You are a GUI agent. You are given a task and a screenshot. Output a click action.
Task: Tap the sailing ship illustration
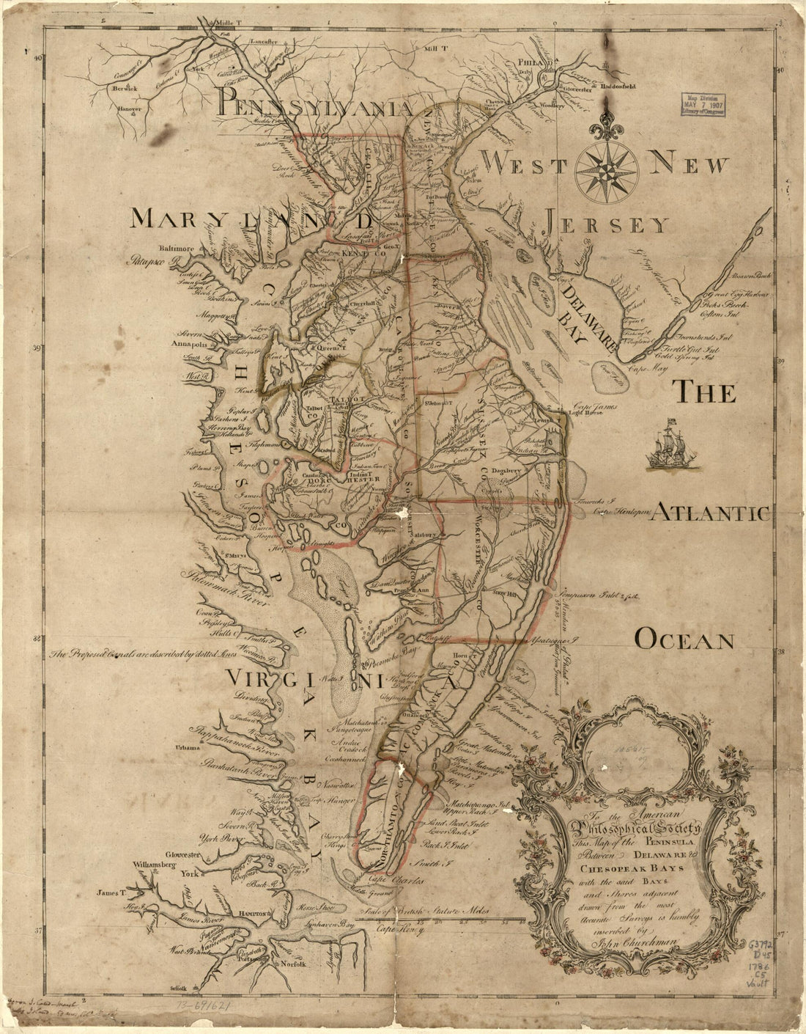[667, 444]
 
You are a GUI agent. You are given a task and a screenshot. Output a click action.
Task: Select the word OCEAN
[684, 641]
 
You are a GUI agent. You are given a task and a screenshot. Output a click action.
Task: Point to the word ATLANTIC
[711, 513]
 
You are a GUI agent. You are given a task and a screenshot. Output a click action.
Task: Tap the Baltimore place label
[174, 249]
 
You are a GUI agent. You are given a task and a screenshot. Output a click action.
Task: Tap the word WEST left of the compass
[523, 166]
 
